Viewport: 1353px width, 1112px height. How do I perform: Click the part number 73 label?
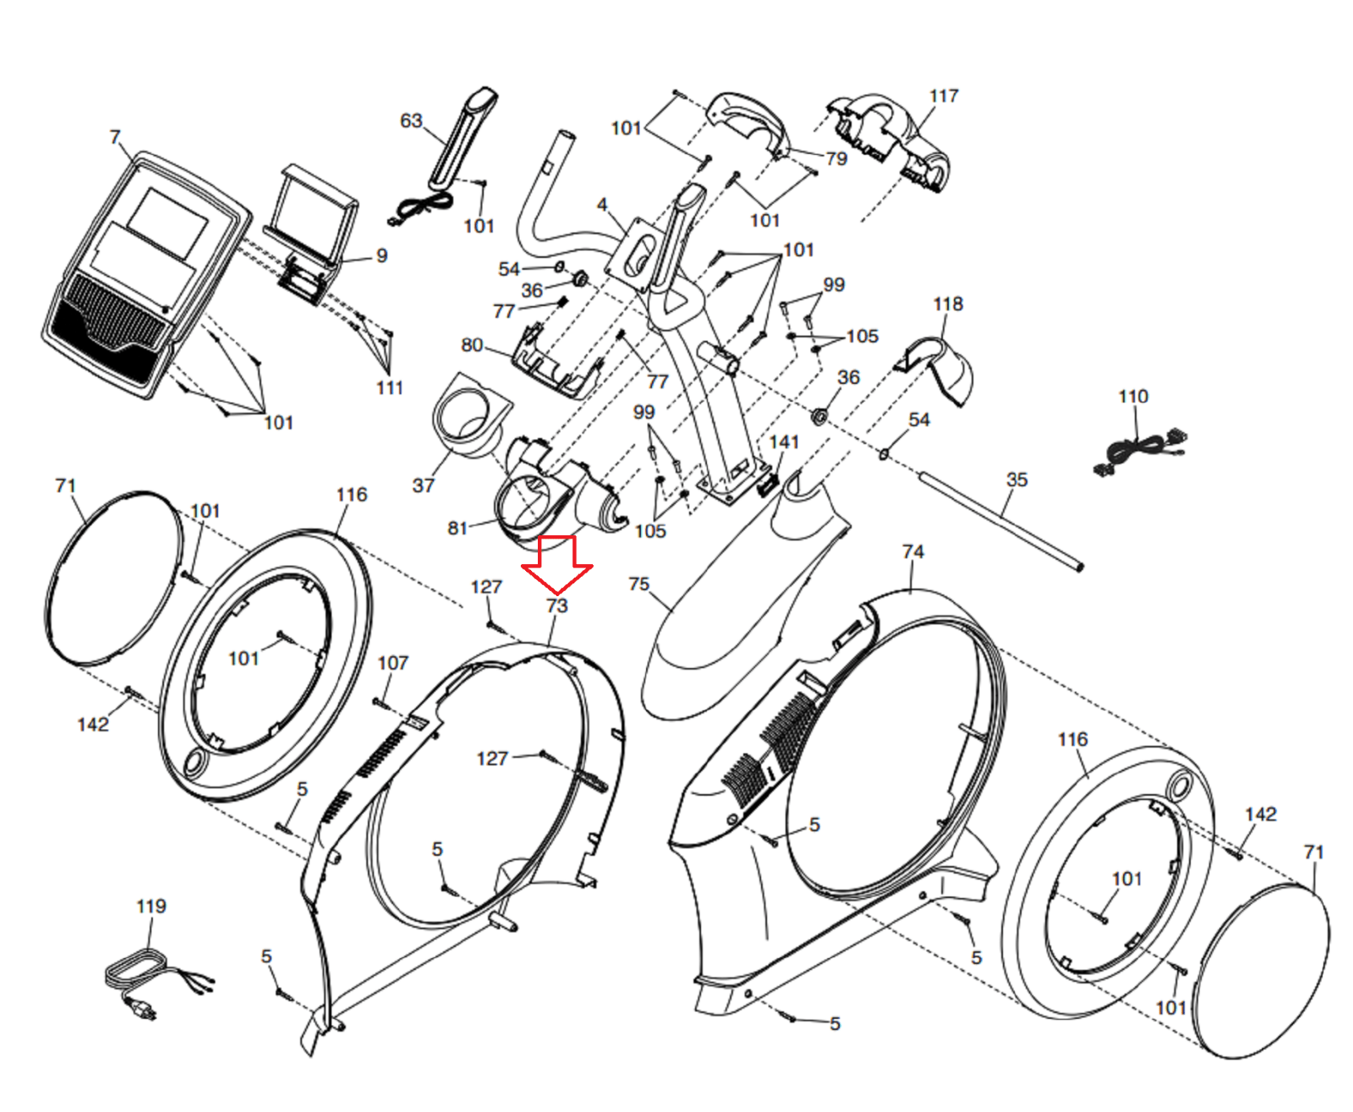pos(556,605)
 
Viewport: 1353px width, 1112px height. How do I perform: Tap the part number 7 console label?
pos(115,137)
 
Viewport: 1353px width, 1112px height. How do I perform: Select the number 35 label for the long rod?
pos(1016,479)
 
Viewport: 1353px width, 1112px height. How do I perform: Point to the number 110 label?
pos(1133,396)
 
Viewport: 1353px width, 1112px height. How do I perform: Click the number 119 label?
pos(151,906)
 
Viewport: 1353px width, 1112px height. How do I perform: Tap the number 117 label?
pos(944,96)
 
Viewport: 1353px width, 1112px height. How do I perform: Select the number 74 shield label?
pos(913,551)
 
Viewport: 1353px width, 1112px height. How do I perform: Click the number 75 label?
pos(639,583)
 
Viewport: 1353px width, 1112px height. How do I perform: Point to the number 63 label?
pos(411,121)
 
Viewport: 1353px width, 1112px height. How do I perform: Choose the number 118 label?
pos(948,304)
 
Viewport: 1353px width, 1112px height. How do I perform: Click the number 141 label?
pos(784,441)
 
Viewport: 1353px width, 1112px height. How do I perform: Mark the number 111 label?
pos(390,387)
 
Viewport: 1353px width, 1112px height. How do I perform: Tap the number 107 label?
pos(392,662)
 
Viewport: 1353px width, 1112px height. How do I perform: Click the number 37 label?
pos(424,485)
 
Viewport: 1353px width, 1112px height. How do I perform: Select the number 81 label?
pos(457,528)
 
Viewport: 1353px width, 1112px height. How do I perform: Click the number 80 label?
pos(472,344)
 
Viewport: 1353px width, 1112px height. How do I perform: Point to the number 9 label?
pos(382,255)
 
